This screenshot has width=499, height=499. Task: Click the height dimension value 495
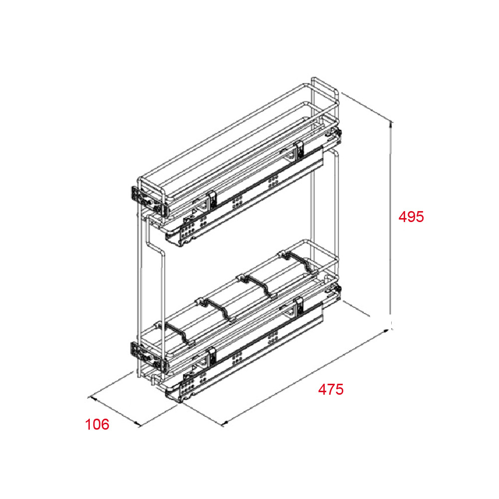(x=411, y=217)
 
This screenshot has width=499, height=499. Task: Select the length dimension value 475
(x=331, y=389)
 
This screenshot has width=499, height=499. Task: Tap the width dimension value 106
(x=97, y=425)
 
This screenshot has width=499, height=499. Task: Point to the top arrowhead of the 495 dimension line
(x=391, y=124)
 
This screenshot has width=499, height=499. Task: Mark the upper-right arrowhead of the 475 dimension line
(x=386, y=331)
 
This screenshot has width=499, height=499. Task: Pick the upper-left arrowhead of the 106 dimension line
(x=93, y=398)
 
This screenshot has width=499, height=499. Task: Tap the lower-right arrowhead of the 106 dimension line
(x=138, y=423)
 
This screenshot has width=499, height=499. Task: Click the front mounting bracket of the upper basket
(x=137, y=195)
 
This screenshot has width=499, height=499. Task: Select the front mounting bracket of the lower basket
(x=137, y=351)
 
